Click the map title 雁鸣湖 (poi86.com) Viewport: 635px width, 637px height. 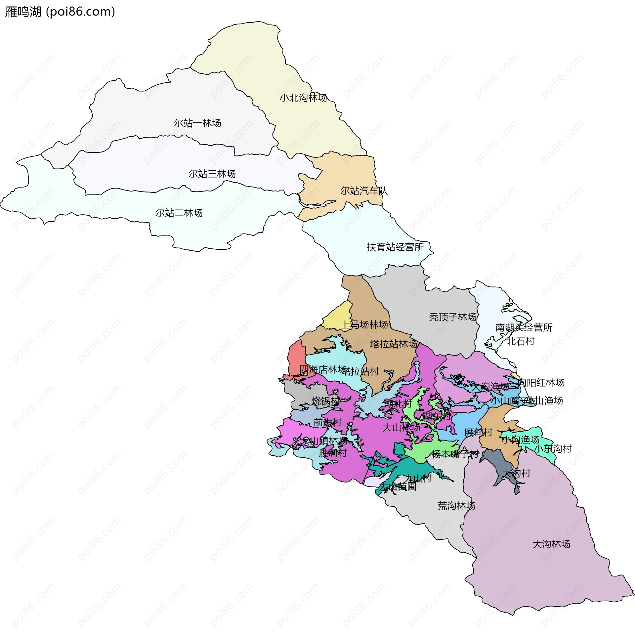(x=60, y=12)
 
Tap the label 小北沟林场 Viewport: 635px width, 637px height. (x=303, y=98)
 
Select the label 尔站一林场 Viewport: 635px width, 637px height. (x=197, y=123)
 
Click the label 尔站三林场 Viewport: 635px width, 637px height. (x=212, y=174)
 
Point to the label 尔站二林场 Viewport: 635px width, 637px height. (x=179, y=213)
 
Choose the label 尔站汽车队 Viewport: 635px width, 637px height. (x=364, y=191)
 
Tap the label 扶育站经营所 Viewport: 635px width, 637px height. (x=395, y=247)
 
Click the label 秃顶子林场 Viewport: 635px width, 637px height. (x=453, y=317)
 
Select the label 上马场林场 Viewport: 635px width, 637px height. (x=364, y=324)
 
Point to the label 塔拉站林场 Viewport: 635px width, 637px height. (x=394, y=344)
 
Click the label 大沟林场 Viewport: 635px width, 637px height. (x=551, y=544)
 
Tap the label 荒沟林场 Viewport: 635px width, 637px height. (x=456, y=506)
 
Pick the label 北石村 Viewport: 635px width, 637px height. (x=521, y=341)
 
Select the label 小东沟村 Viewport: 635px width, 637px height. (x=553, y=449)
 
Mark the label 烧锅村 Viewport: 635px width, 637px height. (x=325, y=401)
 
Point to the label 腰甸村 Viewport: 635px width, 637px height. (x=478, y=432)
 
